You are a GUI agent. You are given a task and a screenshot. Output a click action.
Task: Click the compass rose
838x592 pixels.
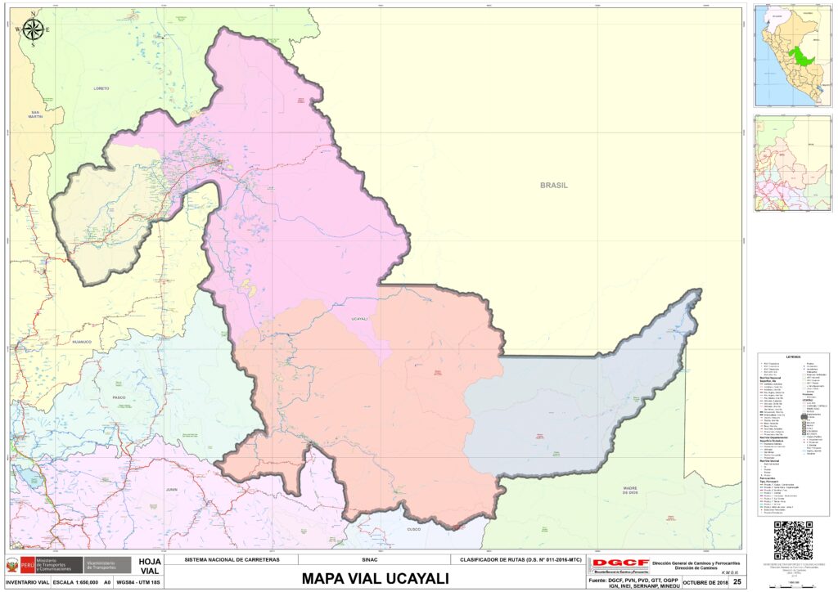coord(33,29)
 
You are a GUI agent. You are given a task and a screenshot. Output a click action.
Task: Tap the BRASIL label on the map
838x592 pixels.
coord(553,185)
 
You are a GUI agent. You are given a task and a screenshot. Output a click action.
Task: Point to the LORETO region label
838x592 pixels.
coord(101,88)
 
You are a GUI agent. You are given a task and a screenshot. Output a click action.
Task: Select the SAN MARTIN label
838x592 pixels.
coord(35,114)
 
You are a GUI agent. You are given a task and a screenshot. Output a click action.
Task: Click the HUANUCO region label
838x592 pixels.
coord(84,342)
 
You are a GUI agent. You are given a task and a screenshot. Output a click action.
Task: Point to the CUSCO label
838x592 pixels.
coord(415,530)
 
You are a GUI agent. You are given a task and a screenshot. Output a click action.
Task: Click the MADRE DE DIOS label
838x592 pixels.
coord(628,490)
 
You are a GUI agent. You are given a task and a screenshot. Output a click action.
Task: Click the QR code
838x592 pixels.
coord(792,540)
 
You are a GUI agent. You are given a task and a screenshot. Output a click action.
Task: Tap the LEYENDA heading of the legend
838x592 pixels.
coord(793,357)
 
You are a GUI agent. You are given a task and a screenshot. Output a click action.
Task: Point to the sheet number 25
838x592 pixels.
coord(737,581)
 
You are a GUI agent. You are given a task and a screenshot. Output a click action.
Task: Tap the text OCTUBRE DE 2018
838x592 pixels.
coord(705,581)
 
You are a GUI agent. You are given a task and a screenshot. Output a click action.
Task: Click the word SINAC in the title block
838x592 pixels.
coord(369,560)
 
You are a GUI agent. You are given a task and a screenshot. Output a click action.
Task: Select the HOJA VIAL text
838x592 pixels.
coord(150,566)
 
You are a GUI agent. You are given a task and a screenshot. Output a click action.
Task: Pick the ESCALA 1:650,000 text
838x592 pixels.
coord(75,582)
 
